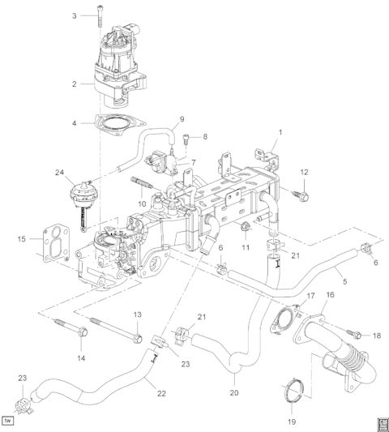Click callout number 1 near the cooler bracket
click(280, 130)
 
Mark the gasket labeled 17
click(283, 319)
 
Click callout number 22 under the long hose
click(161, 393)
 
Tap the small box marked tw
click(10, 421)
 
